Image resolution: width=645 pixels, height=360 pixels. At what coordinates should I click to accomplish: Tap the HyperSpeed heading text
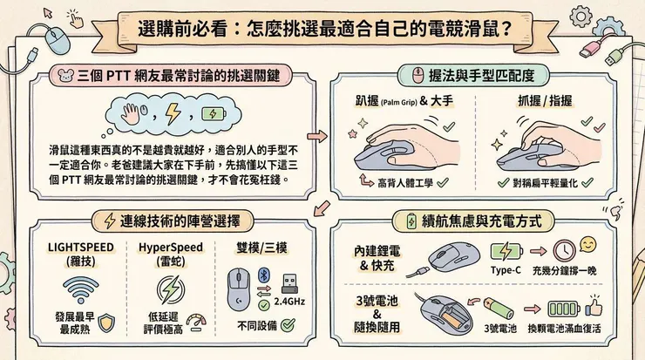171,247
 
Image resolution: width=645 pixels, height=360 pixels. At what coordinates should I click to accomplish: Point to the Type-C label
507,271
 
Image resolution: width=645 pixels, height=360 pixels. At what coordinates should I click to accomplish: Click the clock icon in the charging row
564,248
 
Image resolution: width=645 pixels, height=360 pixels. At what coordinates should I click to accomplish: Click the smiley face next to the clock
588,244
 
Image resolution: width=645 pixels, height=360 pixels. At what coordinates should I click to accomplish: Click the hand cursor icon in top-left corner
76,17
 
